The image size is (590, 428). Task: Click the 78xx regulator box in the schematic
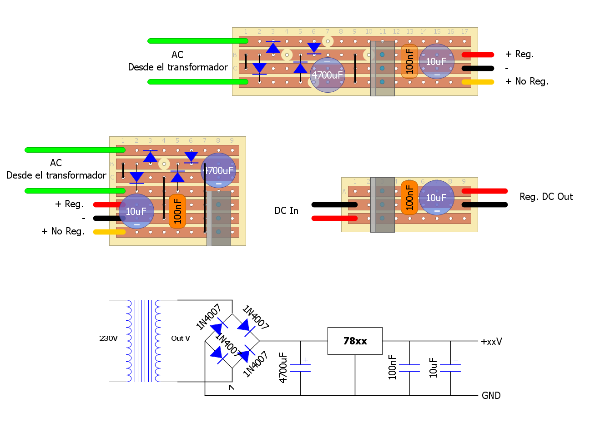click(355, 341)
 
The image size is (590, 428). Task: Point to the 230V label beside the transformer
click(108, 338)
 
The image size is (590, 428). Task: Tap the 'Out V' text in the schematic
click(180, 338)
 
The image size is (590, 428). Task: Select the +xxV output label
click(491, 342)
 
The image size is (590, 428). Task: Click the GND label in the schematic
click(491, 396)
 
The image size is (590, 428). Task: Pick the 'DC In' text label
click(286, 211)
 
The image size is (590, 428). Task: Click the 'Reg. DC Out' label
click(546, 197)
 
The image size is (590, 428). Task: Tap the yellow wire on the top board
click(478, 82)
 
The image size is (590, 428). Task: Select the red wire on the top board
click(478, 55)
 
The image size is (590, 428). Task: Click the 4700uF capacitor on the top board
click(328, 75)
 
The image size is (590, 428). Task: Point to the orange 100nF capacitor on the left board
click(177, 211)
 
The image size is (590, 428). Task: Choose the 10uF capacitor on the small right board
click(437, 198)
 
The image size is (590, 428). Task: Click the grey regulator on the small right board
click(382, 205)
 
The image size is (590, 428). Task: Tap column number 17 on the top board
click(464, 32)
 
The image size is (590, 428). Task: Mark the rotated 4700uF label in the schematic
click(283, 368)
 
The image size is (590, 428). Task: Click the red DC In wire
click(334, 219)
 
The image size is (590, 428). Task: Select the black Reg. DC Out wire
click(484, 205)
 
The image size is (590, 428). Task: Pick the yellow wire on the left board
click(109, 232)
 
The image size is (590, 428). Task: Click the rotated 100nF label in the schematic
click(393, 368)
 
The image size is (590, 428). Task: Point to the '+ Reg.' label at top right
click(519, 54)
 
